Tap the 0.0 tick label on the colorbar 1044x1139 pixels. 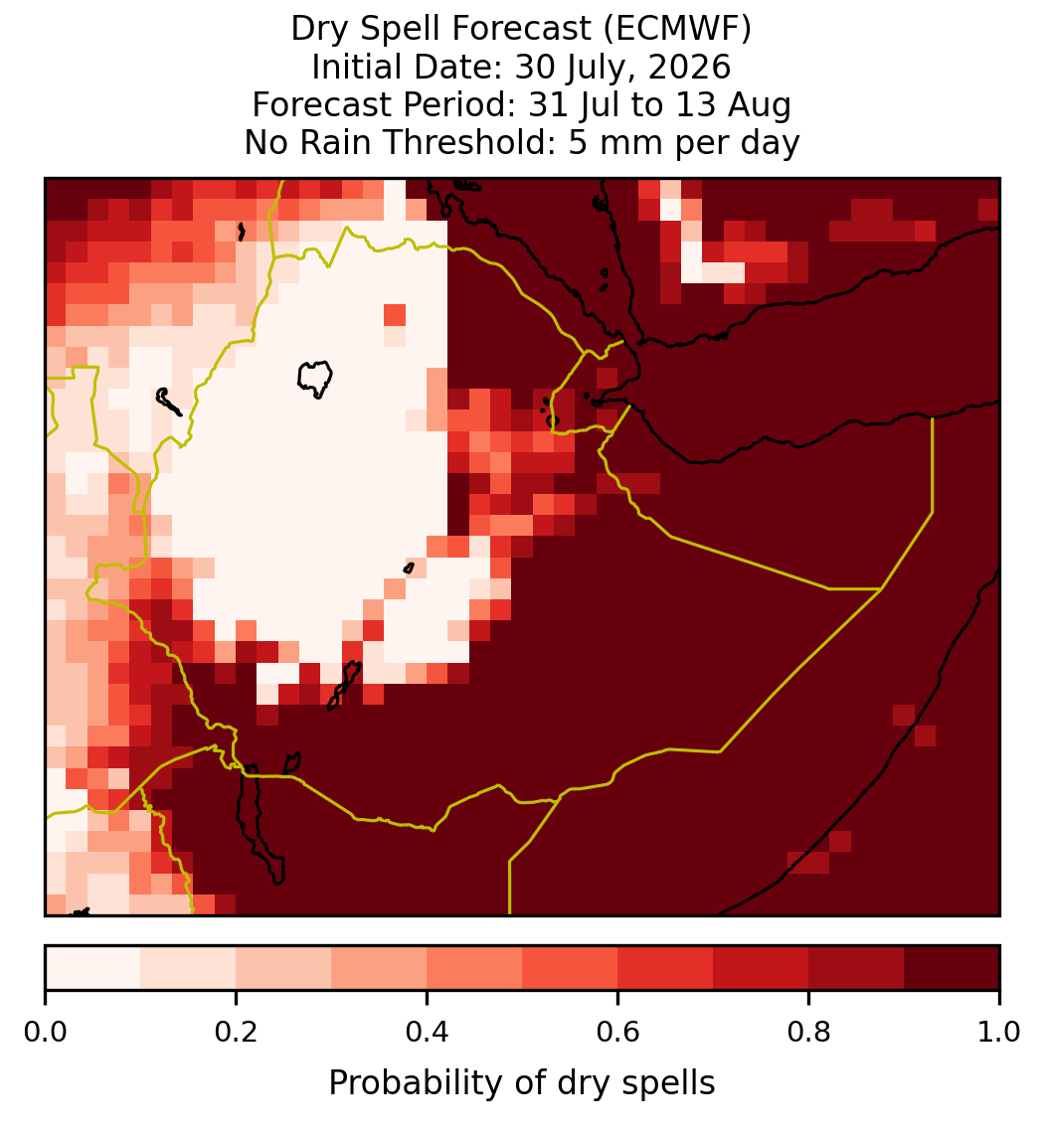pos(45,1033)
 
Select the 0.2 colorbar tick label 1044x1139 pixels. pos(236,1033)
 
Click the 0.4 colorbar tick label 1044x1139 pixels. pos(428,1033)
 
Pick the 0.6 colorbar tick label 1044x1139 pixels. pos(617,1033)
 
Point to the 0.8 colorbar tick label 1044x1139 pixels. pos(808,1033)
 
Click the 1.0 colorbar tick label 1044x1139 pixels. pos(999,1033)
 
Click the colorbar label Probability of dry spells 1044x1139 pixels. pos(522,1083)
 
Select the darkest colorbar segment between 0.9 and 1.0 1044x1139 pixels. pos(952,968)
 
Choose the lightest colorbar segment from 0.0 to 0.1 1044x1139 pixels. pos(93,968)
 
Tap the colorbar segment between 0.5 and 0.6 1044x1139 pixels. pos(571,968)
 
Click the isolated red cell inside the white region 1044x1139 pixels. pos(395,315)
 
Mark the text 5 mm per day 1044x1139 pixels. pos(683,142)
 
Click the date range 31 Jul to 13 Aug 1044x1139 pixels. pos(659,104)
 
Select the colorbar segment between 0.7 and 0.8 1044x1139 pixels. pos(761,968)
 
